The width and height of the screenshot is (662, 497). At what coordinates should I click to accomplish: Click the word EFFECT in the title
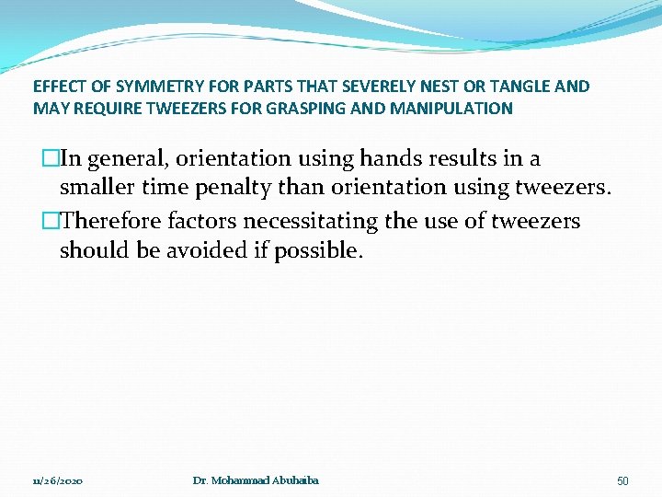coord(58,87)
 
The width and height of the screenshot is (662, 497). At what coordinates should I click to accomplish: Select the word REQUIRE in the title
coord(107,109)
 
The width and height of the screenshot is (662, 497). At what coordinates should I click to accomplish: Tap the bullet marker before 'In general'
coord(51,159)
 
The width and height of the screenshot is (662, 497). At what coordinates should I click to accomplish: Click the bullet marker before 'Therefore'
coord(51,221)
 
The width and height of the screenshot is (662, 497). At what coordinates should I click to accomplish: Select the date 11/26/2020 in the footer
coord(58,481)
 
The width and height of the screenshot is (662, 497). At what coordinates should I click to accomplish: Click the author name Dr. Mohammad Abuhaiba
coord(256,480)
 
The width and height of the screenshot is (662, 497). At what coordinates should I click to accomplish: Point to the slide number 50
coord(622,481)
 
